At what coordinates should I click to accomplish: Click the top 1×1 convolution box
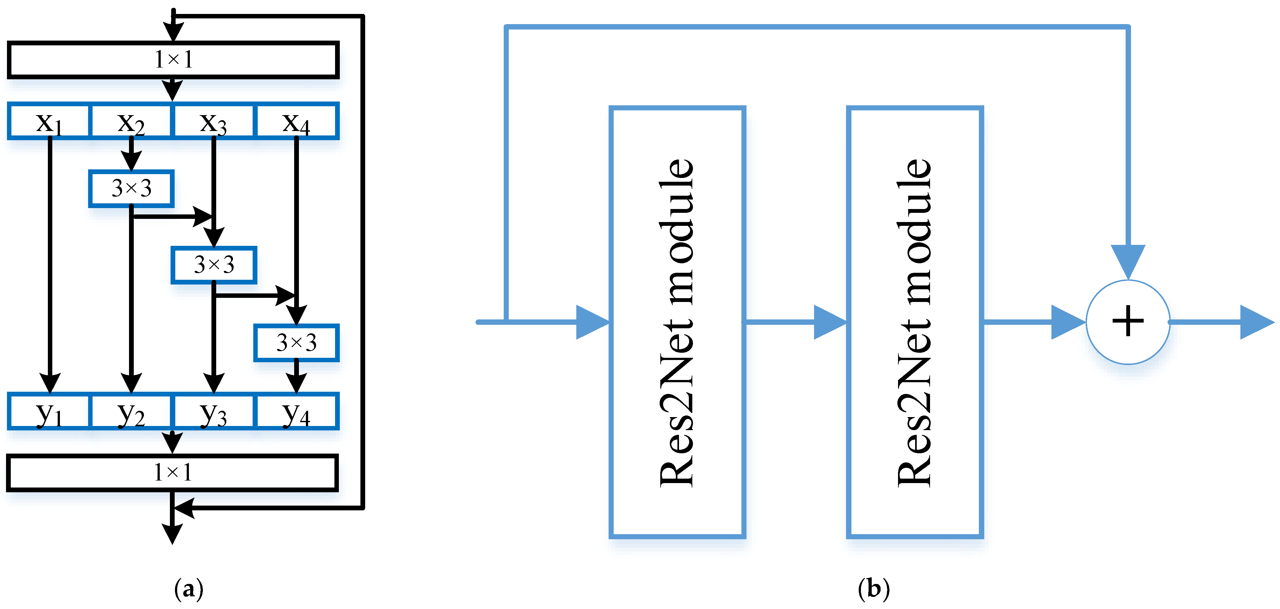pyautogui.click(x=173, y=60)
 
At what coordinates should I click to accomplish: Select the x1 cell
pyautogui.click(x=49, y=121)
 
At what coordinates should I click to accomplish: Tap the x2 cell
pyautogui.click(x=131, y=121)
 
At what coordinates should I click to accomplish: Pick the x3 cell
pyautogui.click(x=213, y=121)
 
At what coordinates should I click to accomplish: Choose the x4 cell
pyautogui.click(x=296, y=121)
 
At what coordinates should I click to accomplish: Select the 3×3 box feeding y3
pyautogui.click(x=214, y=265)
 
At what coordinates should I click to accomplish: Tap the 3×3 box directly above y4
pyautogui.click(x=296, y=343)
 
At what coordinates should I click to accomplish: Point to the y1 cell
pyautogui.click(x=49, y=412)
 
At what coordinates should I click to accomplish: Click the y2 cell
pyautogui.click(x=131, y=412)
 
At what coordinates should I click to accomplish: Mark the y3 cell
pyautogui.click(x=213, y=412)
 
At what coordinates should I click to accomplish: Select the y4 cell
pyautogui.click(x=296, y=412)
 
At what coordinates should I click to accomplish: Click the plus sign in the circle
pyautogui.click(x=1128, y=321)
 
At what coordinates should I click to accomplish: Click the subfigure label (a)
pyautogui.click(x=189, y=589)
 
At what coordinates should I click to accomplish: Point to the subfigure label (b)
pyautogui.click(x=874, y=589)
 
